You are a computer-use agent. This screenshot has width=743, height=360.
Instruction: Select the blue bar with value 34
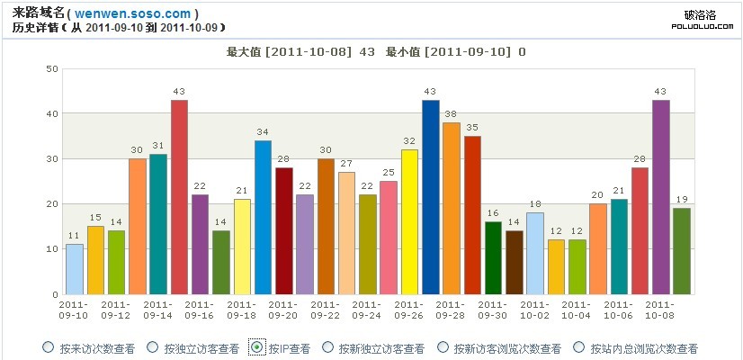click(263, 217)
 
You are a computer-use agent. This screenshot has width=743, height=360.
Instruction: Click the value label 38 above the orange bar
click(451, 114)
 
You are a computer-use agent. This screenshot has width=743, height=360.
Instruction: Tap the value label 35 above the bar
click(472, 128)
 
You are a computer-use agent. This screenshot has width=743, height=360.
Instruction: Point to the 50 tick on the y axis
click(52, 69)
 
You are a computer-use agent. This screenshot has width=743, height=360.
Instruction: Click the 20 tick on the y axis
click(52, 204)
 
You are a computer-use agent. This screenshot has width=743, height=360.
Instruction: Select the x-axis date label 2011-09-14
click(158, 310)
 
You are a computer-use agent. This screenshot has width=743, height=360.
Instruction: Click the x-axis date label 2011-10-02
click(535, 310)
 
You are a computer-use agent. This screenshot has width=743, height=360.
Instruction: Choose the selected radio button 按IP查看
click(257, 347)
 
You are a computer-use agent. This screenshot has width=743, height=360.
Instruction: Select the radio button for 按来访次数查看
click(48, 347)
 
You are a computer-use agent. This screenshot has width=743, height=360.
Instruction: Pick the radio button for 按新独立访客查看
click(328, 347)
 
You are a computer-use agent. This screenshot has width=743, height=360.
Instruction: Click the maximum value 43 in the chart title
click(366, 52)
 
